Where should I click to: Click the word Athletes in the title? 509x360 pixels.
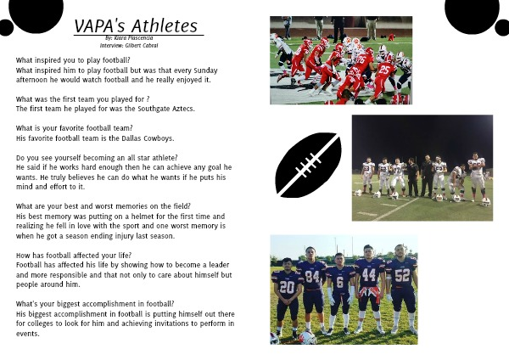[x=165, y=26]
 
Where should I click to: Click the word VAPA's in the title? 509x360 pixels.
[x=101, y=26]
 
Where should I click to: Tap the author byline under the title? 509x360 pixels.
[x=129, y=38]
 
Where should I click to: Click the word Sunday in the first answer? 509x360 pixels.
[x=205, y=70]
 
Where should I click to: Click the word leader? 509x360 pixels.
[x=219, y=265]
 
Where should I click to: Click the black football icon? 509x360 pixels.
[x=308, y=165]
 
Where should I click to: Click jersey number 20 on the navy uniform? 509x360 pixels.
[x=287, y=288]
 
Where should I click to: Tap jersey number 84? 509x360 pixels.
[x=312, y=276]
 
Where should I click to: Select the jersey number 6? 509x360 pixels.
[x=339, y=283]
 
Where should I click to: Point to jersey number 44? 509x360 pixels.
[x=369, y=275]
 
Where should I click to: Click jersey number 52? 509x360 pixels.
[x=402, y=276]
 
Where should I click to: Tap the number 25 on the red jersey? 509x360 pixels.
[x=384, y=70]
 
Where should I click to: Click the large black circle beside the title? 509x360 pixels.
[x=36, y=13]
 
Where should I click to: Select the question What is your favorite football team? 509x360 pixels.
[x=75, y=128]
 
